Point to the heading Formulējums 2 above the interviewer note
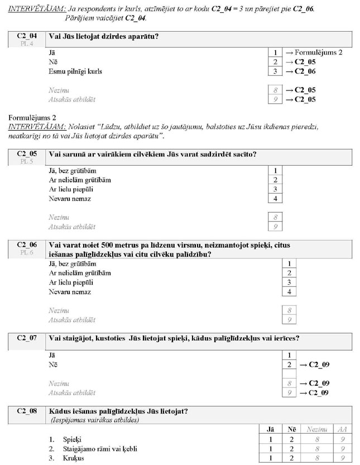32,118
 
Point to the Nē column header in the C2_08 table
291,429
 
